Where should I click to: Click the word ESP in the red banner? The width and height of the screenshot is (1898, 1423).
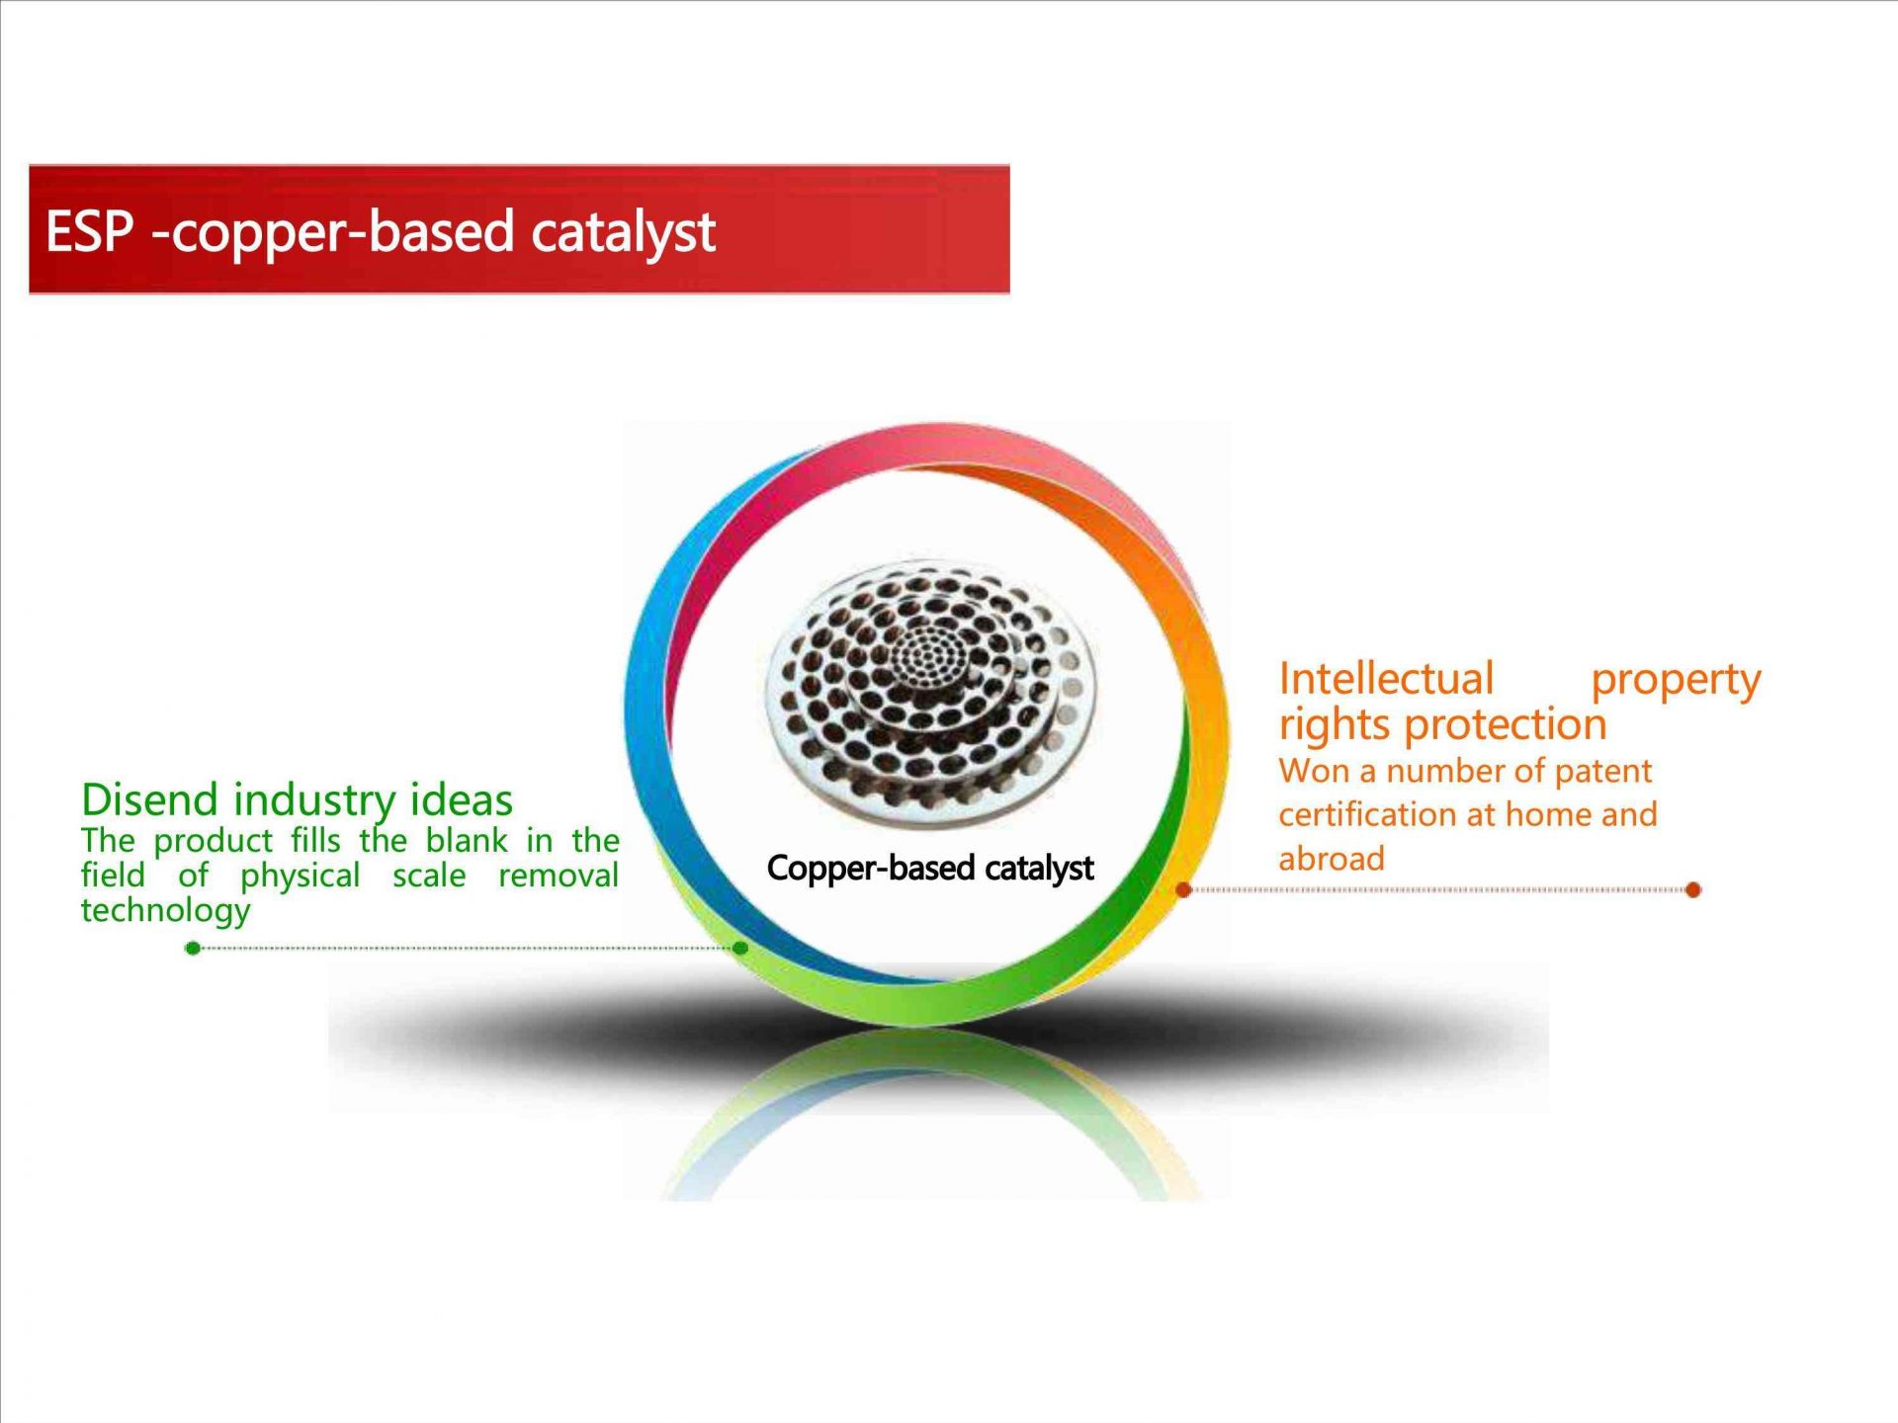[x=89, y=231]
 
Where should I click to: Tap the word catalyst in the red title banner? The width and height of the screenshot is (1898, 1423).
[x=623, y=233]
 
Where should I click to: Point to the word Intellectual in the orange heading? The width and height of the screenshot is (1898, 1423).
[x=1386, y=679]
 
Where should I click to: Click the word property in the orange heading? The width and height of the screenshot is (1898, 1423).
[x=1676, y=682]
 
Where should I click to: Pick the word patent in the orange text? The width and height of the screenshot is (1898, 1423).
[x=1602, y=772]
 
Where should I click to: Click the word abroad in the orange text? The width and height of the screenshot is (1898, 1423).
[x=1332, y=859]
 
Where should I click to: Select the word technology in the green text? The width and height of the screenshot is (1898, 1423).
[x=166, y=911]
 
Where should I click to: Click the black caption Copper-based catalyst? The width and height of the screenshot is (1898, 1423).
[x=930, y=869]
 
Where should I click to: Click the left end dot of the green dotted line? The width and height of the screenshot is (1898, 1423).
[x=193, y=949]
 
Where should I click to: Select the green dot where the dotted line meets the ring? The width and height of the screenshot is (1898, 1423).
[x=740, y=949]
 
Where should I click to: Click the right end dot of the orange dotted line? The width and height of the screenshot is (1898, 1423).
[x=1693, y=890]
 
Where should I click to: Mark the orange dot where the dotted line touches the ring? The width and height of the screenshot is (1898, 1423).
[x=1183, y=890]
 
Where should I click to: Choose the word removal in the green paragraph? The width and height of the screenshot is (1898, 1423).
[x=559, y=876]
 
